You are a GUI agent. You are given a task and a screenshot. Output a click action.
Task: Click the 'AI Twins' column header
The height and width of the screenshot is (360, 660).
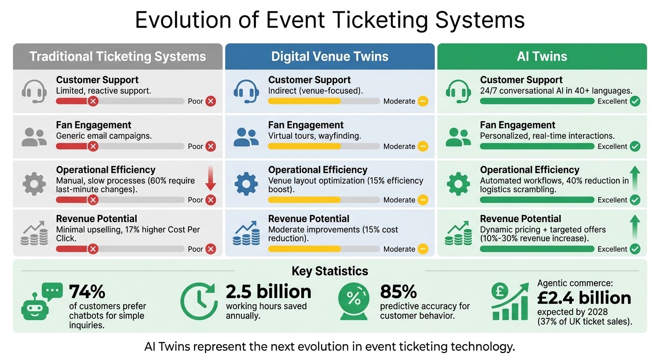tap(542, 57)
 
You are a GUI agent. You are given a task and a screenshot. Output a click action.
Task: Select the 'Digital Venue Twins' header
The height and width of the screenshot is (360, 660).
tap(330, 57)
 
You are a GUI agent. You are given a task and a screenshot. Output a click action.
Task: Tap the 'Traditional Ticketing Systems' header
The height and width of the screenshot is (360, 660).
tap(118, 57)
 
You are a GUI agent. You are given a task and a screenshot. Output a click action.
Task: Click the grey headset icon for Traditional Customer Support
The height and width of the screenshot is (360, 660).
tap(34, 90)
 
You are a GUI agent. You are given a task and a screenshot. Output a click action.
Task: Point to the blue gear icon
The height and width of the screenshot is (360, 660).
tap(246, 184)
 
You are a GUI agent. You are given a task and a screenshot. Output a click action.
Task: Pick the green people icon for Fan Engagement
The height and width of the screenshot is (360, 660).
tap(458, 136)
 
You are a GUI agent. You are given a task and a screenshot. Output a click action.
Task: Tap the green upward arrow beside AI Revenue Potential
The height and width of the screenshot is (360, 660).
tap(635, 228)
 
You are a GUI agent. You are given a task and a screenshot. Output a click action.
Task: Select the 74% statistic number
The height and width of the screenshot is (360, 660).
tap(87, 292)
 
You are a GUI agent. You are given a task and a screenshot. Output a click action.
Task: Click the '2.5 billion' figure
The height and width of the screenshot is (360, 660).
tap(269, 292)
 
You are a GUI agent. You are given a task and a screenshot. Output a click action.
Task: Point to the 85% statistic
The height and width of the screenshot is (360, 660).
tap(398, 292)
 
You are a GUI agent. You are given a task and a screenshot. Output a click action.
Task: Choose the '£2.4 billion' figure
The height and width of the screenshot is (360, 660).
tap(584, 298)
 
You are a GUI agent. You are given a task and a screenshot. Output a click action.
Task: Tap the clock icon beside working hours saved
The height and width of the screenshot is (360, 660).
tap(199, 301)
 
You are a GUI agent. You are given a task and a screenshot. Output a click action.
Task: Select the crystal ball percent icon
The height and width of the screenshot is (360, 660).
tap(354, 301)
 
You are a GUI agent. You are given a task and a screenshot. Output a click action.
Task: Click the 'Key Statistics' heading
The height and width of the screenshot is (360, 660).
tap(330, 271)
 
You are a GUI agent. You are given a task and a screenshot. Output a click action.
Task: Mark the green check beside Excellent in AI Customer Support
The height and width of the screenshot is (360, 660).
tap(635, 101)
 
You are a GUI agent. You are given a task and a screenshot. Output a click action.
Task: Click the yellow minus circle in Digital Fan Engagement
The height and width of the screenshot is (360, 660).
tap(423, 146)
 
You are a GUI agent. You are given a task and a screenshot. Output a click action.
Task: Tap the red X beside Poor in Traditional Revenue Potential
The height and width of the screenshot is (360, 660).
tap(211, 249)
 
